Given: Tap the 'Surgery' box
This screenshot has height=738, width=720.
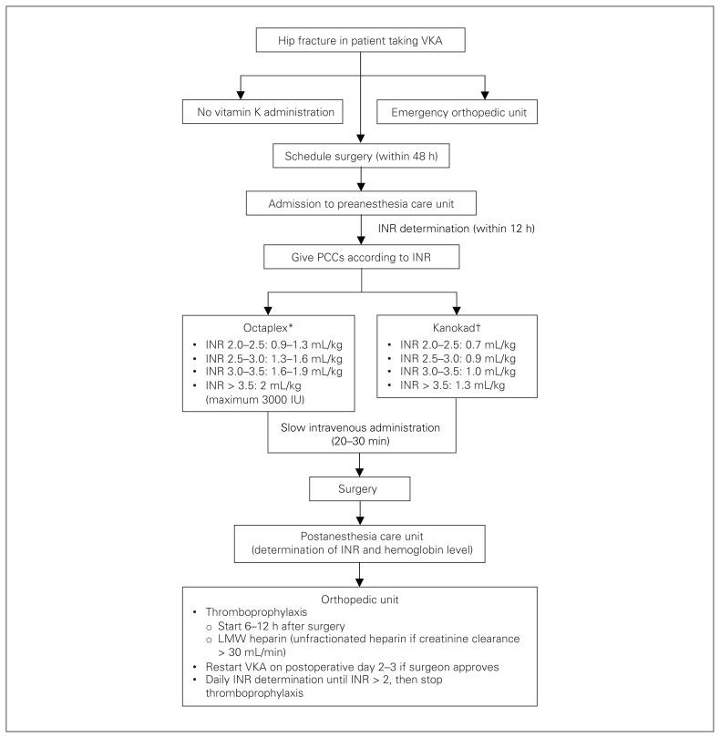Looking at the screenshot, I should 360,489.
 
